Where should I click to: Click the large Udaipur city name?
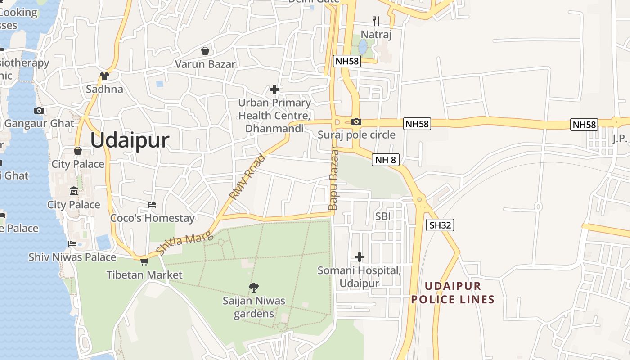click(x=130, y=140)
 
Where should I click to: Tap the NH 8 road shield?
click(x=385, y=159)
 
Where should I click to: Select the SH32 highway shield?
click(x=440, y=225)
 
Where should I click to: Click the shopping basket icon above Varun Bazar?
click(x=205, y=51)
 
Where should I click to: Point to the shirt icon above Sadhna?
click(x=104, y=76)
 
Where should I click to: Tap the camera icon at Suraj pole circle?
click(x=356, y=121)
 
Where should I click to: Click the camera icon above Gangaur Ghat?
click(x=39, y=110)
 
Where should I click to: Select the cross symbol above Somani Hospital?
click(x=359, y=257)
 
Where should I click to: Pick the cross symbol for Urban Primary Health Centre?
click(x=274, y=90)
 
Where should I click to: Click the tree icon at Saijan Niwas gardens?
click(x=254, y=287)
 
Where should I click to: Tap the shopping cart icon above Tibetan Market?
click(x=144, y=261)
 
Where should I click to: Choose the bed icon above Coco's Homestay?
click(x=152, y=205)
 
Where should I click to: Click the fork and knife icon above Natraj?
click(x=376, y=21)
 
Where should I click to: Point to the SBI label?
click(x=383, y=216)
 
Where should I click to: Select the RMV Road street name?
click(x=247, y=177)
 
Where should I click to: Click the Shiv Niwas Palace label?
click(x=72, y=257)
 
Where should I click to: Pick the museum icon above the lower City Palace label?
click(x=74, y=192)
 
